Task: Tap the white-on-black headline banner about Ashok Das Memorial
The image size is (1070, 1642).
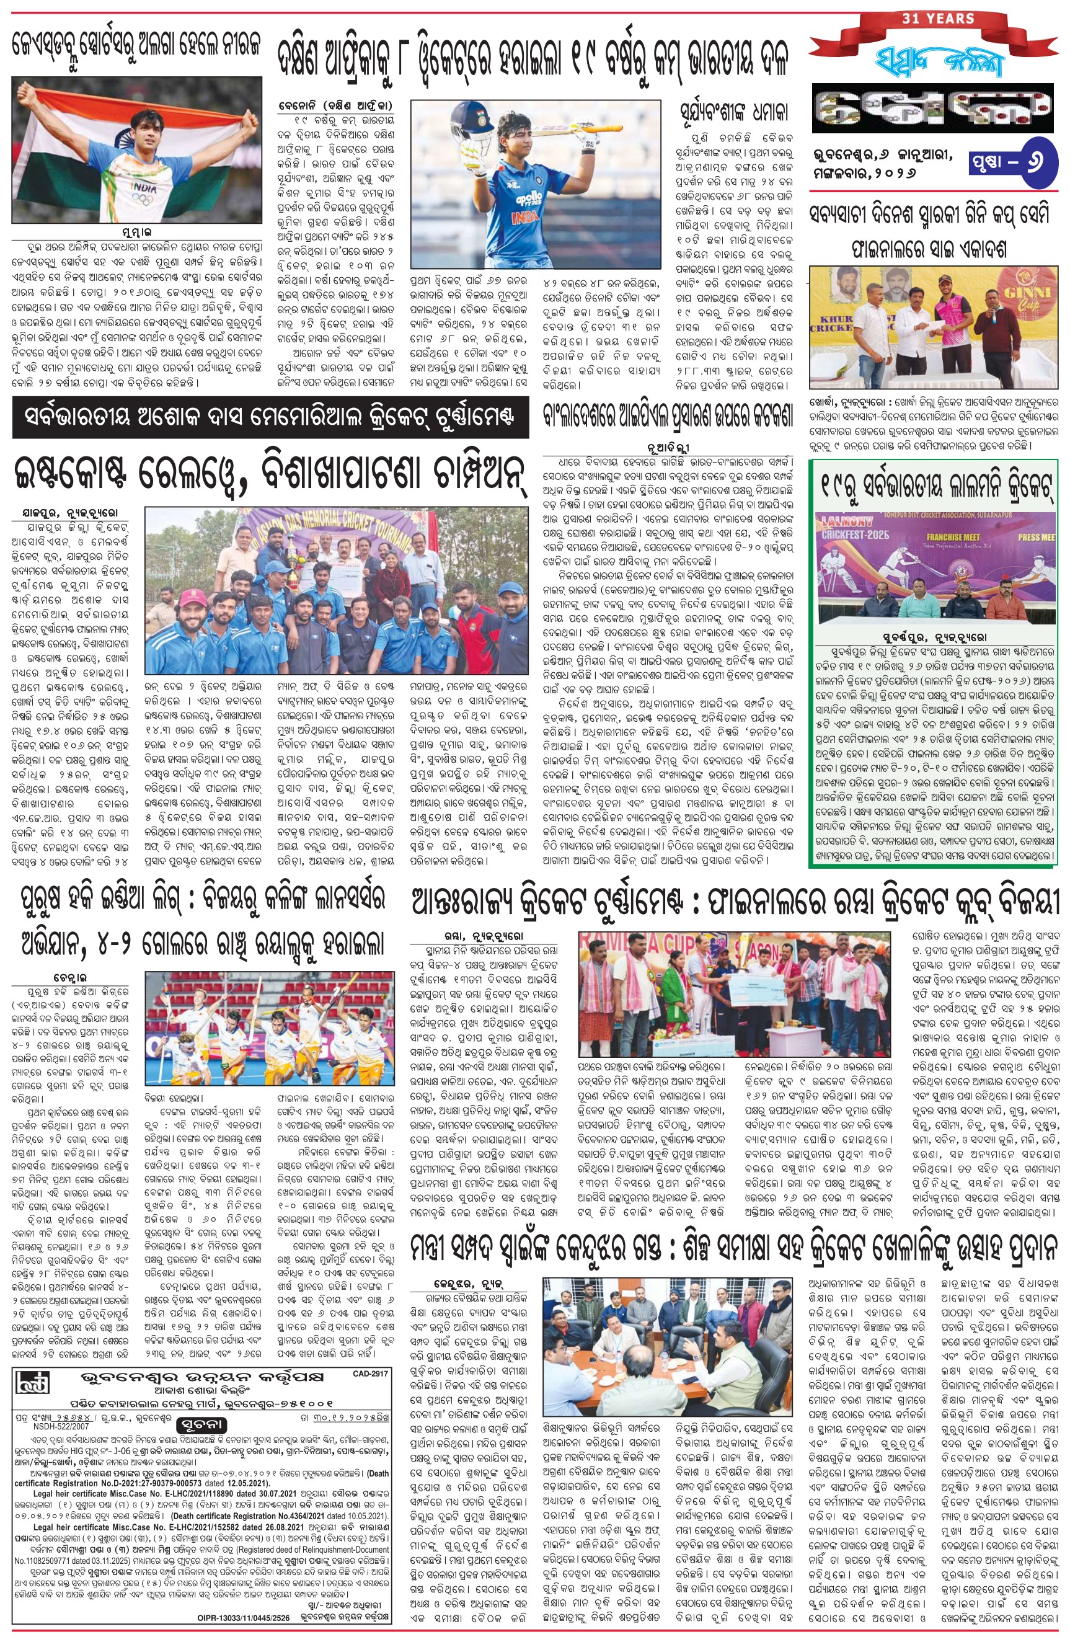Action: click(x=270, y=419)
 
